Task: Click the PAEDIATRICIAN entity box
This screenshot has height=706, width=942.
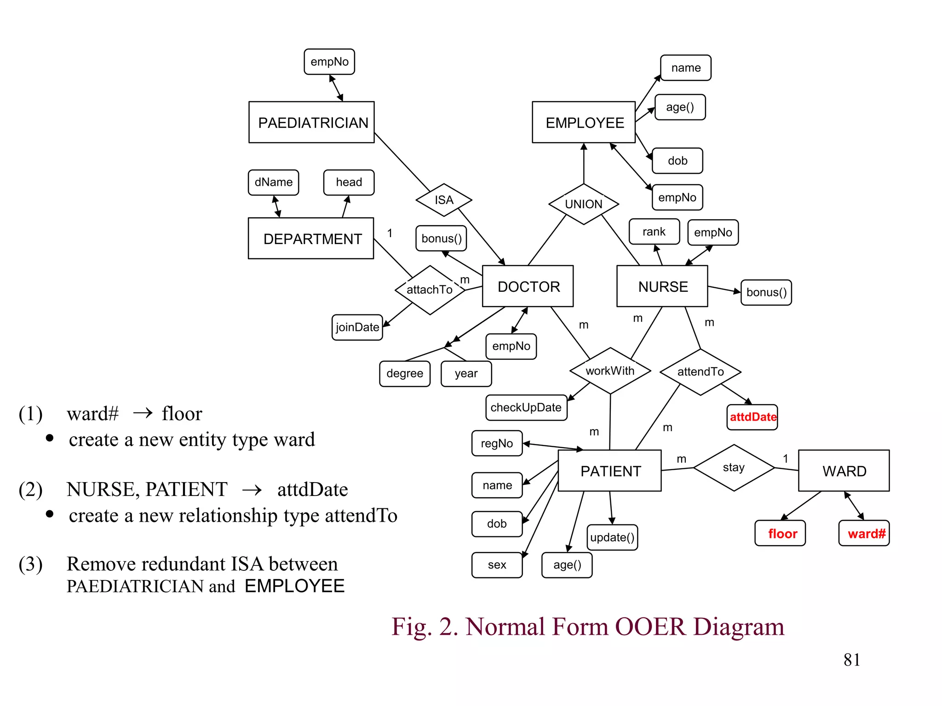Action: pyautogui.click(x=311, y=122)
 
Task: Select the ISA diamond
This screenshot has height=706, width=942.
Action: pyautogui.click(x=443, y=200)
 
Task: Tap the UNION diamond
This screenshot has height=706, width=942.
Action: pyautogui.click(x=583, y=204)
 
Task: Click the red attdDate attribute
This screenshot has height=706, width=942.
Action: pyautogui.click(x=752, y=417)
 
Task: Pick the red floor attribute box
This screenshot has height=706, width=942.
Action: pyautogui.click(x=780, y=533)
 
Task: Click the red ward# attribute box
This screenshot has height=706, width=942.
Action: pyautogui.click(x=864, y=533)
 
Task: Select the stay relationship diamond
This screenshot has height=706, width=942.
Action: pyautogui.click(x=734, y=467)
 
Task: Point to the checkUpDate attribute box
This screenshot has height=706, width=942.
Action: pyautogui.click(x=526, y=407)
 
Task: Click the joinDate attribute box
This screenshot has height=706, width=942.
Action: pyautogui.click(x=357, y=327)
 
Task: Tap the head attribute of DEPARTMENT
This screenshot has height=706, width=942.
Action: pyautogui.click(x=349, y=182)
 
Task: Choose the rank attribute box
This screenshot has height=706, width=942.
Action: pyautogui.click(x=654, y=232)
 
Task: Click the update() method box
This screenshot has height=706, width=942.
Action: pyautogui.click(x=612, y=537)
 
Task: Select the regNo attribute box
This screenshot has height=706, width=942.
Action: pyautogui.click(x=497, y=443)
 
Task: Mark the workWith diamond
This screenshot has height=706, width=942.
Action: pyautogui.click(x=610, y=371)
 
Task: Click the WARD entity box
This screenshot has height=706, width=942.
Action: pyautogui.click(x=844, y=471)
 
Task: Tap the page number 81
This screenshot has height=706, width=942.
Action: pyautogui.click(x=851, y=660)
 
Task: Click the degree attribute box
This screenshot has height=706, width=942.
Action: pyautogui.click(x=405, y=373)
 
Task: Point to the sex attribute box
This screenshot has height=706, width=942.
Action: pyautogui.click(x=497, y=564)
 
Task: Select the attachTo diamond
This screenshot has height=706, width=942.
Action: pyautogui.click(x=430, y=290)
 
